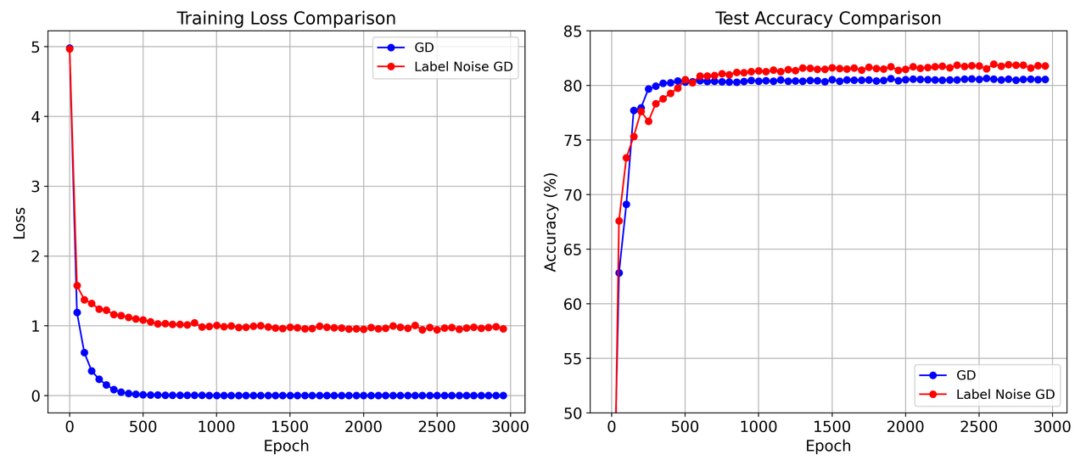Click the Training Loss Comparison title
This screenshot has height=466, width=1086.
coord(286,18)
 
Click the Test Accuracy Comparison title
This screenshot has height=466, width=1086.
coord(828,18)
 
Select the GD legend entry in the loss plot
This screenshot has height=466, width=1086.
coord(424,47)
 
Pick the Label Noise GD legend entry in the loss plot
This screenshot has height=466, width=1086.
coord(463,66)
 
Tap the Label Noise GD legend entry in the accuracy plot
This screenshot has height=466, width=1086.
coord(1005,394)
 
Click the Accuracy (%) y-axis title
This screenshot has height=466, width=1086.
coord(551,222)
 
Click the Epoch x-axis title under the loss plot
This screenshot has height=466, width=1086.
coord(286,446)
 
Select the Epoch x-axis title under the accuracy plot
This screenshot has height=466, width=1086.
coord(828,446)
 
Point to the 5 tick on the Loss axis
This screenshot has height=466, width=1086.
coord(36,47)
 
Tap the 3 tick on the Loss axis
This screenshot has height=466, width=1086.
coord(36,187)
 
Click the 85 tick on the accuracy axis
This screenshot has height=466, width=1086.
coord(572,31)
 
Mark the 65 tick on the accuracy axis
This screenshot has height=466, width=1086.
coord(572,250)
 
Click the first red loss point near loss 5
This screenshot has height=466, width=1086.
coord(70,48)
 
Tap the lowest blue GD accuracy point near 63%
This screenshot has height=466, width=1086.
coord(619,272)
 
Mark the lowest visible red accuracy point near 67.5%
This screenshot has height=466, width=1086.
coord(619,221)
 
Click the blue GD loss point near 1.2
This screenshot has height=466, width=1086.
coord(77,312)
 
